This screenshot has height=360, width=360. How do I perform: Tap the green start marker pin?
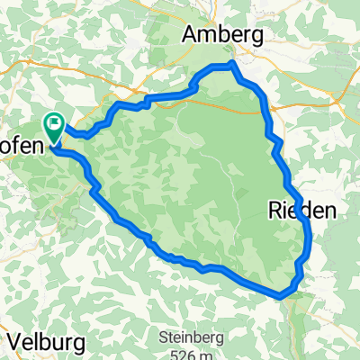point(55,130)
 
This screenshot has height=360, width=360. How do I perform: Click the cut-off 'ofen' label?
point(19,144)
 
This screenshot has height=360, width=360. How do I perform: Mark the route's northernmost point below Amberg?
point(232,64)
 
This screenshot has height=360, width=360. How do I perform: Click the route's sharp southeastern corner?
point(282,294)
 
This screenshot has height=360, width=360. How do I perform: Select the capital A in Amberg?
point(191,35)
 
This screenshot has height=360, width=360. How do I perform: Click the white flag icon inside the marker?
point(56,125)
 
